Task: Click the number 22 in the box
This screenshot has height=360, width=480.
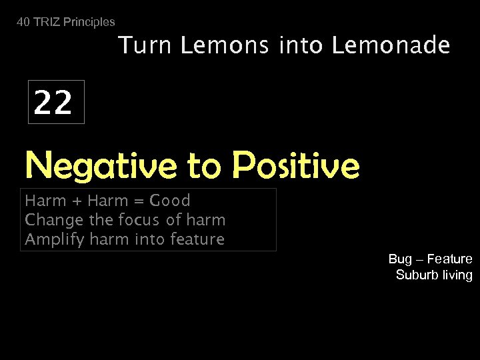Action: [x=53, y=103]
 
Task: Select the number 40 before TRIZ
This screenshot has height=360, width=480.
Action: [x=23, y=22]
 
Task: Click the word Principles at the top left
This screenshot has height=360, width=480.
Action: [x=90, y=22]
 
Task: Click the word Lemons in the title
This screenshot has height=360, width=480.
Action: [x=217, y=46]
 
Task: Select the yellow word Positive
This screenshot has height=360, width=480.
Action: [x=297, y=165]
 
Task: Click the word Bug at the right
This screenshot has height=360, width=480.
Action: [x=401, y=259]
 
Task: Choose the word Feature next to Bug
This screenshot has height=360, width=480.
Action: [x=450, y=259]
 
